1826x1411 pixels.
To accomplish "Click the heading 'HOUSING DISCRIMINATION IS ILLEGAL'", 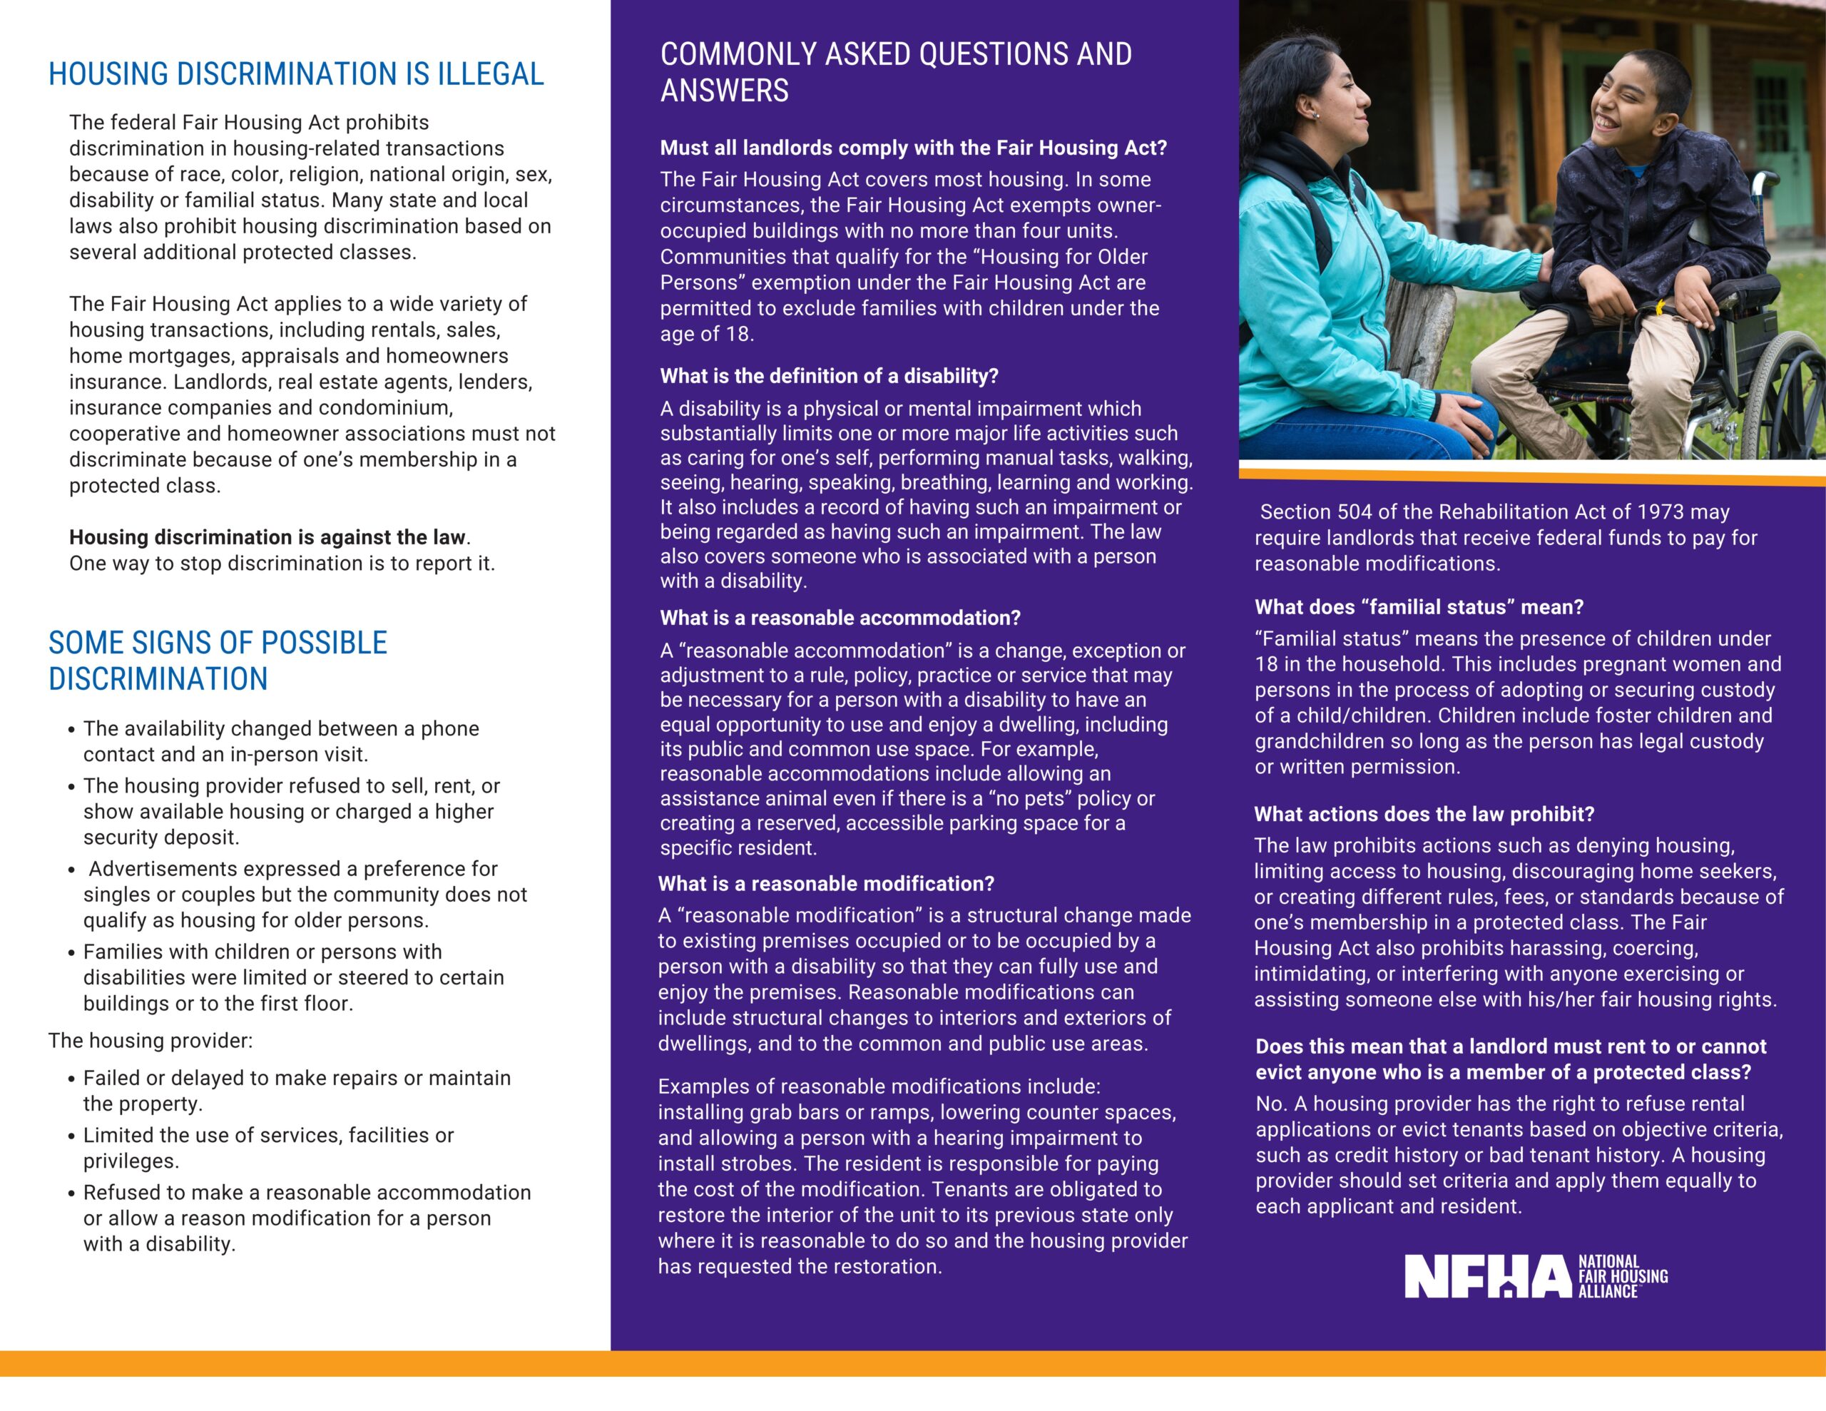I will [x=296, y=74].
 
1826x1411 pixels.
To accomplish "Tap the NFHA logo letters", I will [x=1486, y=1276].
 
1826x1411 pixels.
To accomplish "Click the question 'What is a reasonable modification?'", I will [x=826, y=884].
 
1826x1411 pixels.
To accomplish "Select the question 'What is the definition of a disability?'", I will [x=830, y=377].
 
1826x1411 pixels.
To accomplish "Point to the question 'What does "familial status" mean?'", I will [x=1419, y=607].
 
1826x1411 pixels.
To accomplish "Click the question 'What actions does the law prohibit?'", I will [x=1424, y=815].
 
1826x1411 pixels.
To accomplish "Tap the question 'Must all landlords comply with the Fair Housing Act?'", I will [x=913, y=148].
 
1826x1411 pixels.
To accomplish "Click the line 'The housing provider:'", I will [x=151, y=1041].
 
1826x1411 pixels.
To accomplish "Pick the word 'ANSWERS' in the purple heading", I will [x=724, y=91].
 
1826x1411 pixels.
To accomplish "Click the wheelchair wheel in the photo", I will [x=1789, y=393].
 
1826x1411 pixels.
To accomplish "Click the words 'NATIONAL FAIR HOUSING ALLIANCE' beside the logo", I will [x=1622, y=1276].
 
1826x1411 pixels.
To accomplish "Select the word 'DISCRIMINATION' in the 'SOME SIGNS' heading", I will [x=158, y=679].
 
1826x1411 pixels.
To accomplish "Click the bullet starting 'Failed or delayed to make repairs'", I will [x=297, y=1091].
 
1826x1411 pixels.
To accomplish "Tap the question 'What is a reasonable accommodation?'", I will [x=840, y=618].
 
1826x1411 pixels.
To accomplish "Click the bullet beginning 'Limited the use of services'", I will [x=267, y=1148].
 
